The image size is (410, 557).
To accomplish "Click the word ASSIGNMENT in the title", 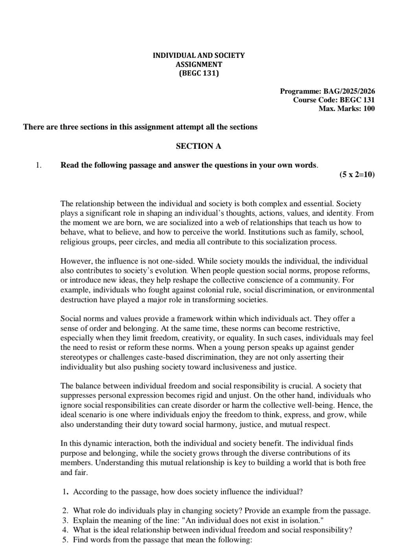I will pos(199,64).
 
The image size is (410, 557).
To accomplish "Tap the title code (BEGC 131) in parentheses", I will pos(199,73).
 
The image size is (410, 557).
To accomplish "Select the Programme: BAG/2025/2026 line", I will pos(327,91).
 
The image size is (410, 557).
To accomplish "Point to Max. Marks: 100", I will pos(346,108).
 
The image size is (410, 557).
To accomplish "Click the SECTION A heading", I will pos(199,146).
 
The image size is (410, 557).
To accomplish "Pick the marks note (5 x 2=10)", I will pos(357,174).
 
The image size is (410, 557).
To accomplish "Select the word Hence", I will pos(350,405).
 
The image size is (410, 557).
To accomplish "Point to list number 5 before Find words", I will pos(65,539).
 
